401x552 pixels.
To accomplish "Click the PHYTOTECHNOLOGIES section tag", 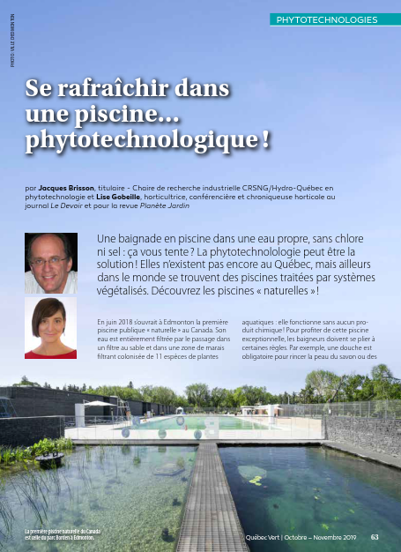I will [x=327, y=19].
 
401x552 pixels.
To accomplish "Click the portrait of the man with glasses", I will [x=50, y=263].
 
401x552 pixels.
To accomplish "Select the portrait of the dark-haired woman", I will [x=50, y=328].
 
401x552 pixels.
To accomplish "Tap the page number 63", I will [x=375, y=536].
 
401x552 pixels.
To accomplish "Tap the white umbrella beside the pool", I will [x=97, y=404].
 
